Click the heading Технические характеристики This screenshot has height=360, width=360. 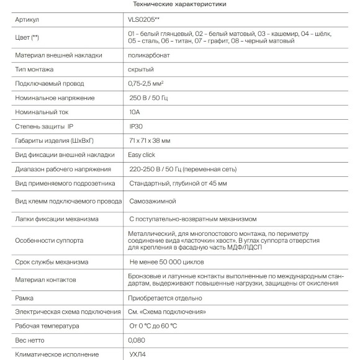(x=179, y=4)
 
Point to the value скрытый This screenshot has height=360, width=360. (x=140, y=69)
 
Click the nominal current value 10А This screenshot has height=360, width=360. (x=134, y=112)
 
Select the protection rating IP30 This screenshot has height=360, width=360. (x=135, y=127)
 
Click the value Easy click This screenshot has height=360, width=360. (x=142, y=155)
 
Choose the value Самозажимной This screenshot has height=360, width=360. (x=153, y=201)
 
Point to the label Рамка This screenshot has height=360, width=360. (x=24, y=298)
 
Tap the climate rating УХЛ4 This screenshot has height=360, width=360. (x=137, y=354)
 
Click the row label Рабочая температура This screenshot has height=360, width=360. (x=47, y=326)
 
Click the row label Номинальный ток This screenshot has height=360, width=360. (x=45, y=112)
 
